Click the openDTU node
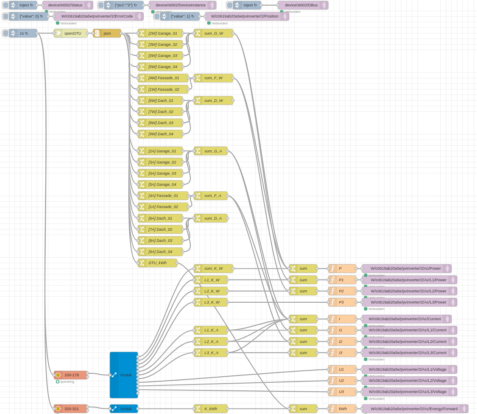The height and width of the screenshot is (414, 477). click(71, 33)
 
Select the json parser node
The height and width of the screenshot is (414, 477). click(107, 33)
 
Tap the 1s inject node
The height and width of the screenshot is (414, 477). click(24, 33)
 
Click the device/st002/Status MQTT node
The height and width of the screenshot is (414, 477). click(67, 5)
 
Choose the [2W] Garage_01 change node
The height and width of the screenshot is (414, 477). click(160, 33)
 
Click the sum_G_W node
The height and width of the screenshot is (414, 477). click(213, 33)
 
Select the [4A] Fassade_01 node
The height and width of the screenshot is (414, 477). click(163, 196)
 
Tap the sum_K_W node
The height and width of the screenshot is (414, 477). click(213, 268)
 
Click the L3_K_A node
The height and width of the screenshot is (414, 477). click(211, 353)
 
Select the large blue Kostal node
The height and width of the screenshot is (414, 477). click(124, 375)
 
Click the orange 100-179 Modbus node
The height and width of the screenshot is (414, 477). click(71, 375)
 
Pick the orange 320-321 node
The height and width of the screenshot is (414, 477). click(71, 409)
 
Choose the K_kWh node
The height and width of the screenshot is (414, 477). click(211, 409)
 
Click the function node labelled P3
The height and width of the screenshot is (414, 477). click(342, 302)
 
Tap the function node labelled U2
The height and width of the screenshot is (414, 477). click(342, 381)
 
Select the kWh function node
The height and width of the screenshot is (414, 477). click(342, 409)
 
